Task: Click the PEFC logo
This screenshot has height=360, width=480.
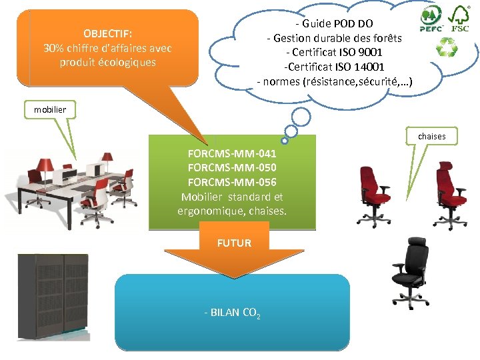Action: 430,19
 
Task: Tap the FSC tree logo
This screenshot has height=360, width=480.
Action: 461,18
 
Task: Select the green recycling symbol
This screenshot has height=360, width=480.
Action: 445,47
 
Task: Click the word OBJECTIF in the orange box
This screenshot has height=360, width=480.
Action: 107,33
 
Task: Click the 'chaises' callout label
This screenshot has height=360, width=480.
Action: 431,136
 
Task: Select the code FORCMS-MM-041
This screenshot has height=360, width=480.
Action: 232,153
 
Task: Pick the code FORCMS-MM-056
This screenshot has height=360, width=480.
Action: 232,182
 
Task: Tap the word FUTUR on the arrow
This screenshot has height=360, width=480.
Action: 233,243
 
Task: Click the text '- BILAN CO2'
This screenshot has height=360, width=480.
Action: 232,312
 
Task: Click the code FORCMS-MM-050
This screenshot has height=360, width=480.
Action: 232,167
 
